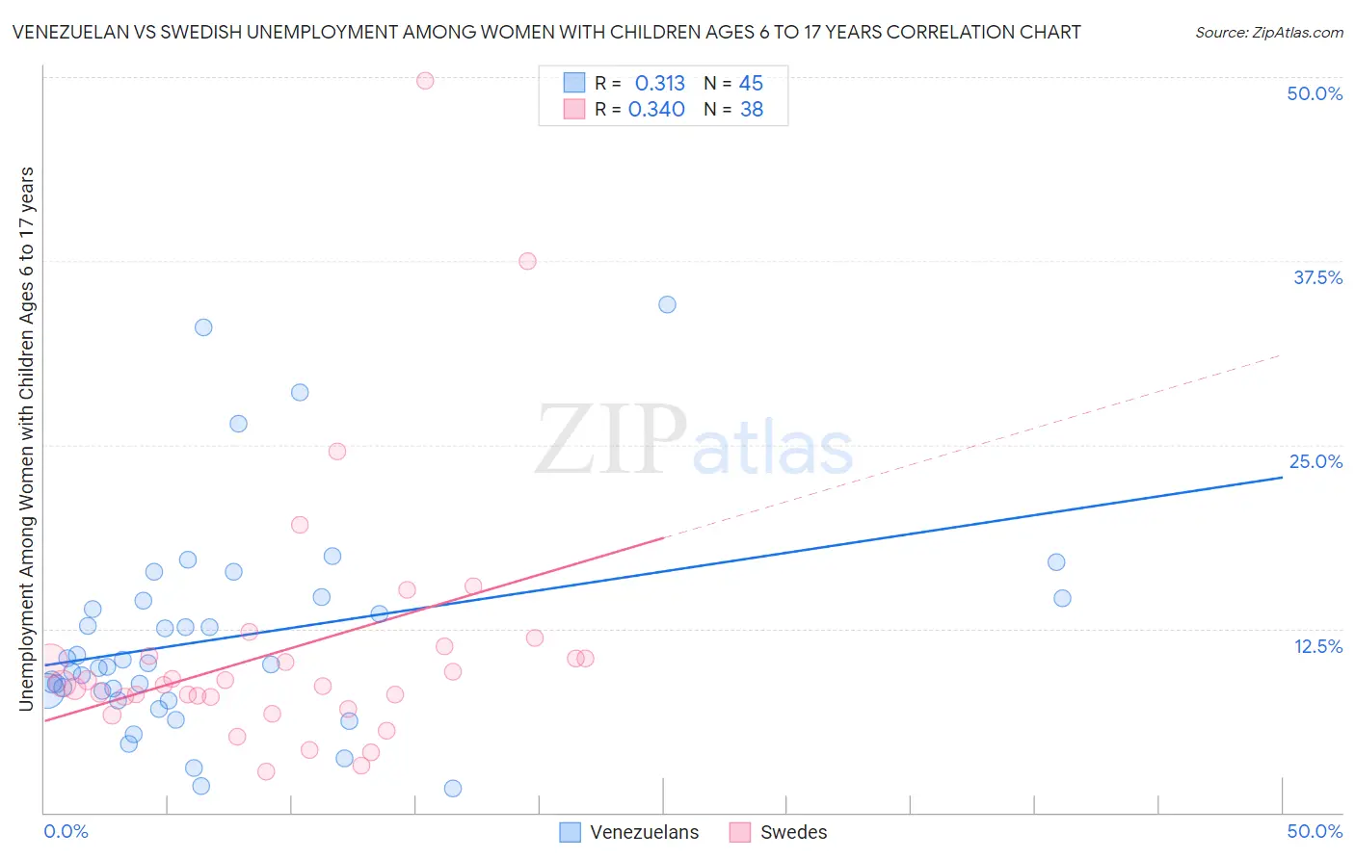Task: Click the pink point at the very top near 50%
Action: click(x=425, y=81)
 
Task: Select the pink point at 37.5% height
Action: click(x=527, y=261)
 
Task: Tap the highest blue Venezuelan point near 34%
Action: click(x=667, y=304)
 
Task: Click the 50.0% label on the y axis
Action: click(x=1315, y=93)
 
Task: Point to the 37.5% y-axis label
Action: click(x=1317, y=277)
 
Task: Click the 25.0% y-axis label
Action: click(x=1315, y=461)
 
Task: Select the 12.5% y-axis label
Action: click(x=1317, y=646)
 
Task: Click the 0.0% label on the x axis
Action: click(x=66, y=831)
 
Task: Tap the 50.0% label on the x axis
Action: click(x=1315, y=831)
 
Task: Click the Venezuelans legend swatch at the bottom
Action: click(x=571, y=832)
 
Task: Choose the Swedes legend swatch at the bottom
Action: click(x=740, y=832)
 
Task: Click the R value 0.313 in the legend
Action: click(x=659, y=84)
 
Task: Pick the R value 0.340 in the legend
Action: click(x=656, y=110)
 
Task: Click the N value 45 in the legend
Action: click(x=751, y=84)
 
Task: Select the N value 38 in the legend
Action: click(x=751, y=110)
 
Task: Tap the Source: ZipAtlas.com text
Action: click(x=1268, y=33)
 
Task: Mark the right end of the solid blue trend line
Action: click(x=1282, y=477)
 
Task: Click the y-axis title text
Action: click(x=27, y=438)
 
